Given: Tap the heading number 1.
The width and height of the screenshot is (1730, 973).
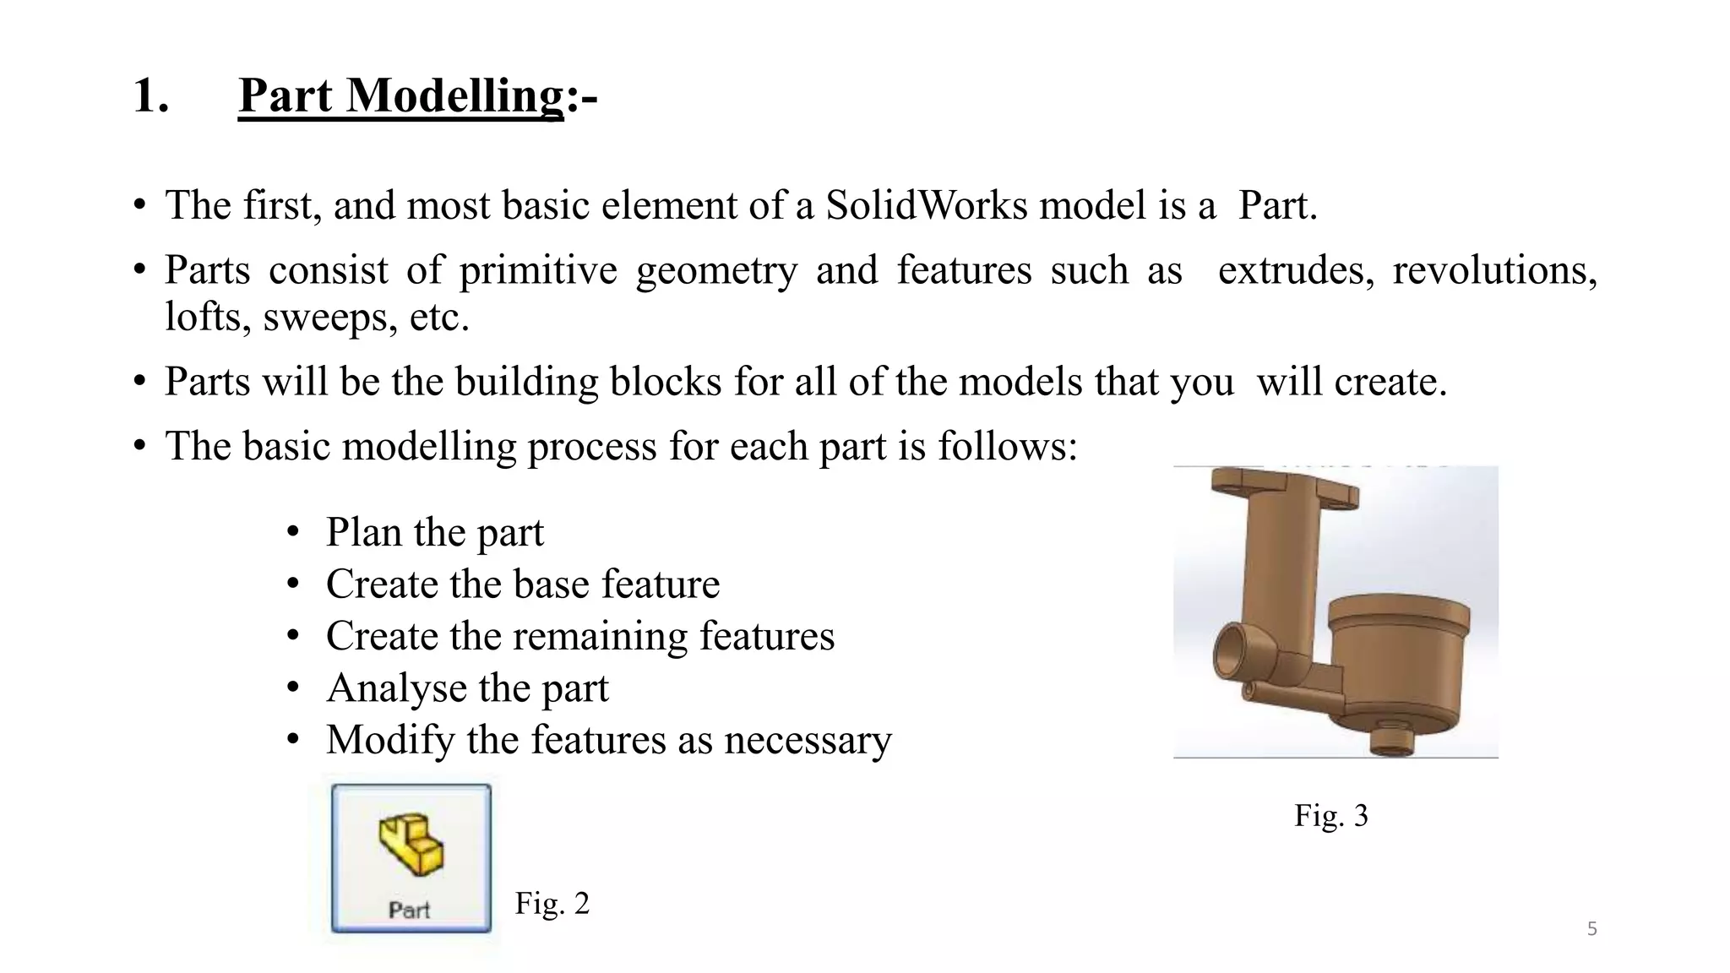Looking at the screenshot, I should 150,95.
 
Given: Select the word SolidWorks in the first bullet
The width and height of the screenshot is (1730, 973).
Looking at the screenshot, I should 926,205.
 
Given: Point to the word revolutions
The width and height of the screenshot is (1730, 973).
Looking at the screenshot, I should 1494,270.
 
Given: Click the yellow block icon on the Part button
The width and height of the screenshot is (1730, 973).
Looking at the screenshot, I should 411,844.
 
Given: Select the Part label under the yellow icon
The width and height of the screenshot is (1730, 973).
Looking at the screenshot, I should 410,910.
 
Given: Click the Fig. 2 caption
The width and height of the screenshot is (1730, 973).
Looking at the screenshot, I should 552,903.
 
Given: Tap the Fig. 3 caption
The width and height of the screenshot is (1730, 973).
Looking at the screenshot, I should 1330,815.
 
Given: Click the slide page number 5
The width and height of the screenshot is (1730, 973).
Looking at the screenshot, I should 1591,929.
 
